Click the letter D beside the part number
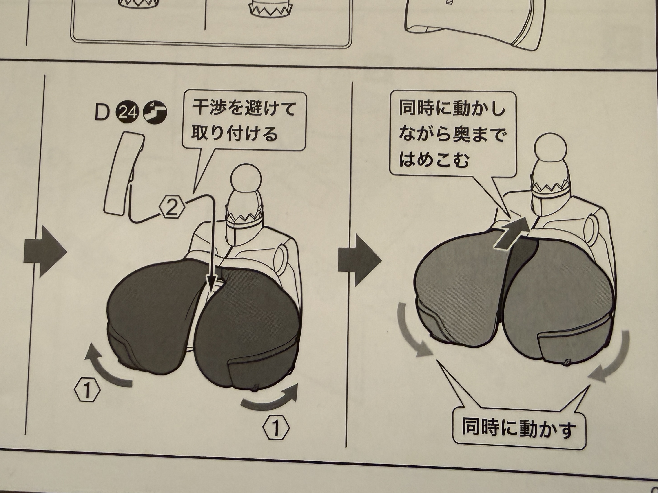[x=102, y=114]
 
